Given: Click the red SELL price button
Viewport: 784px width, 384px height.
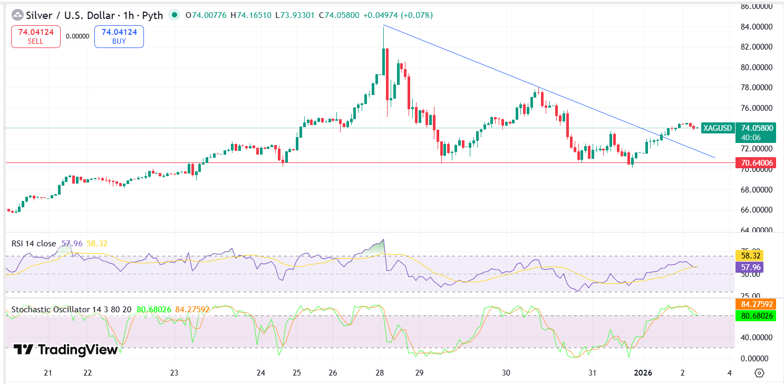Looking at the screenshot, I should coord(36,36).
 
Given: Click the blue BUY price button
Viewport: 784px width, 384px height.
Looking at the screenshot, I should coord(119,36).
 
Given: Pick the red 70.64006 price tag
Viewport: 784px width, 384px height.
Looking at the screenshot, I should coord(757,163).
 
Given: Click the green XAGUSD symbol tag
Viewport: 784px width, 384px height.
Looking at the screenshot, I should coord(718,128).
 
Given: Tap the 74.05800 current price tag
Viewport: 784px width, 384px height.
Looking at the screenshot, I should coord(757,128).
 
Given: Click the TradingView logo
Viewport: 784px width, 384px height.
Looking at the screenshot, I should coord(65,349).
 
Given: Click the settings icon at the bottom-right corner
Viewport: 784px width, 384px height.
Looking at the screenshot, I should coord(759,373).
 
